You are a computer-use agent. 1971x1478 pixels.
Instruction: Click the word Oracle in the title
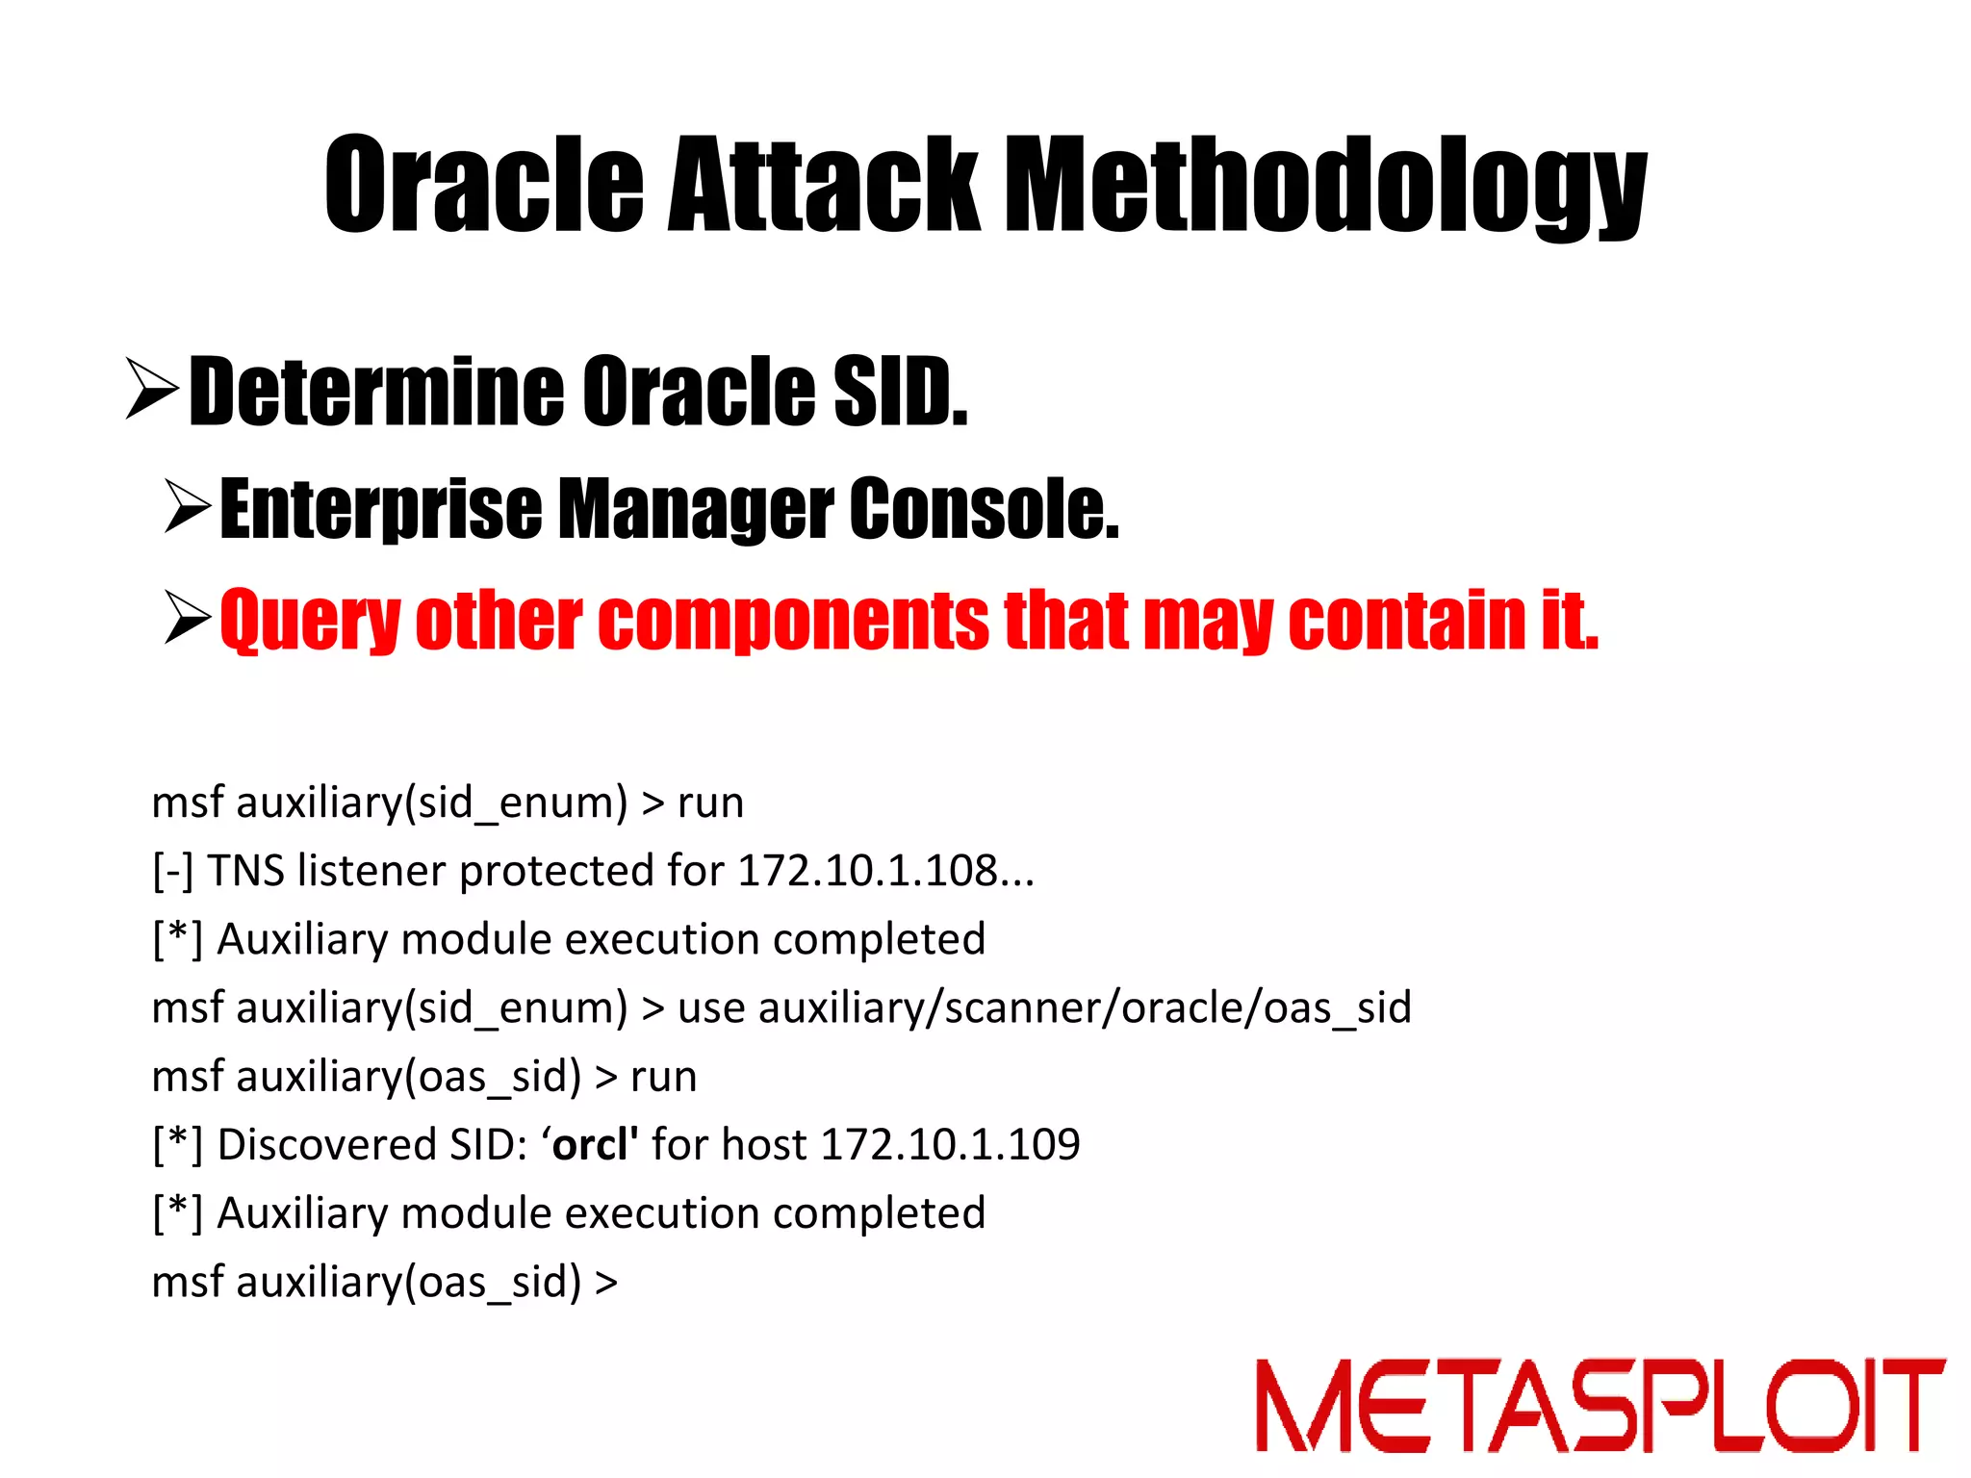coord(483,185)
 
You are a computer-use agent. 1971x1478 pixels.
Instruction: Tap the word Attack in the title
coord(824,185)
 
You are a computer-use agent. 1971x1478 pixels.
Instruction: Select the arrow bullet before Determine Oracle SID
coord(152,389)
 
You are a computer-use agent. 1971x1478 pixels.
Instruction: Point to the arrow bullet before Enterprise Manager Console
coord(187,508)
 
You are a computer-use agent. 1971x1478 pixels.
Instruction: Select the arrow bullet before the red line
coord(187,618)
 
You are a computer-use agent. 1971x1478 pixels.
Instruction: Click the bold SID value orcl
coord(593,1145)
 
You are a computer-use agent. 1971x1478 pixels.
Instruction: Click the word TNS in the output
coord(246,871)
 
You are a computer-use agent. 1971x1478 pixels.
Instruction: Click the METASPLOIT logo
coord(1600,1405)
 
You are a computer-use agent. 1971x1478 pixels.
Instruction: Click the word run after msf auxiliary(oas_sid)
coord(663,1077)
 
